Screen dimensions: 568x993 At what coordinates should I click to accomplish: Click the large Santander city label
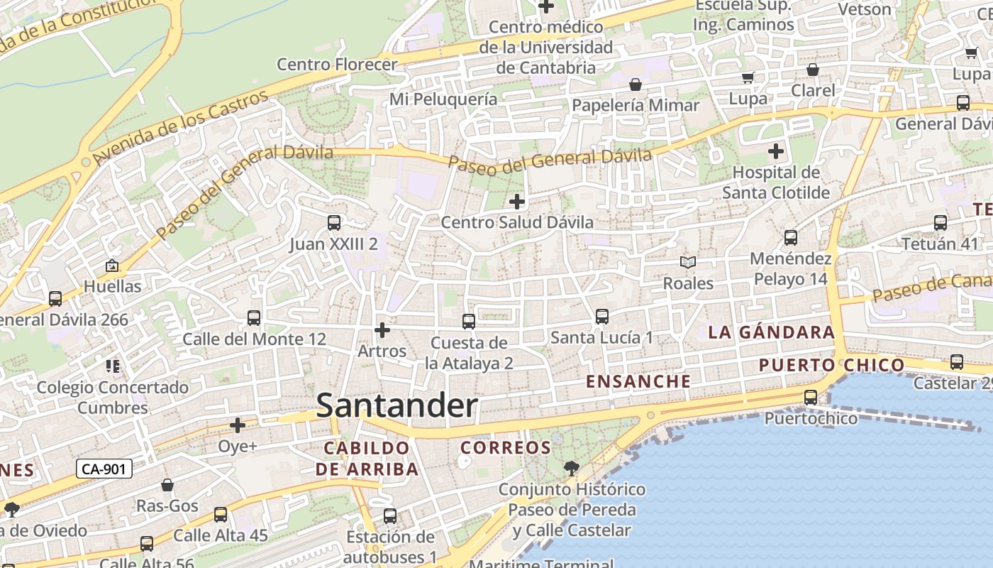[x=396, y=406]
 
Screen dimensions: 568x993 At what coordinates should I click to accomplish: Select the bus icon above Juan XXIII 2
[x=334, y=223]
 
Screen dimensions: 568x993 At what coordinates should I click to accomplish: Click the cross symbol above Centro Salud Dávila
[x=517, y=202]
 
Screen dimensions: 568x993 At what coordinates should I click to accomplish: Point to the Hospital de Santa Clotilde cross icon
[x=776, y=151]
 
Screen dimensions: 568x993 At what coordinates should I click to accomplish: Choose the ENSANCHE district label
[x=638, y=381]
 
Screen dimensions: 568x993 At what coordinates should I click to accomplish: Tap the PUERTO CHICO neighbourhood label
[x=831, y=366]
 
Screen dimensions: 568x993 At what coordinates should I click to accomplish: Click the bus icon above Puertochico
[x=811, y=398]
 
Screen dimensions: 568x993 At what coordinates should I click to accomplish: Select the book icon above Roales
[x=687, y=263]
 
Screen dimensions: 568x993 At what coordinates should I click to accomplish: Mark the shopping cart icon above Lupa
[x=748, y=77]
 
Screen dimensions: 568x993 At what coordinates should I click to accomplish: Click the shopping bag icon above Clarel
[x=813, y=70]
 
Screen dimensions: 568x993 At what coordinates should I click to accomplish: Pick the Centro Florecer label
[x=337, y=65]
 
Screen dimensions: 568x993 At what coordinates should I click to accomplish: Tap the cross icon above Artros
[x=382, y=330]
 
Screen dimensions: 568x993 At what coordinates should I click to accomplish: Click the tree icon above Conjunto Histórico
[x=571, y=468]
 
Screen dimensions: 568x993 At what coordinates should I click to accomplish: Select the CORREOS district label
[x=506, y=448]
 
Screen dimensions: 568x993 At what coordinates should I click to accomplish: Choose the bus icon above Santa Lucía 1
[x=602, y=317]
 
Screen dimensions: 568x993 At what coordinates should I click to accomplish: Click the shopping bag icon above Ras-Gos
[x=167, y=485]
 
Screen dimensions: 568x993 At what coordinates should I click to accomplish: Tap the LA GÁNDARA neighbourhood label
[x=771, y=332]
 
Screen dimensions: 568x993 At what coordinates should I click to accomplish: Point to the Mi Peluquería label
[x=443, y=99]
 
